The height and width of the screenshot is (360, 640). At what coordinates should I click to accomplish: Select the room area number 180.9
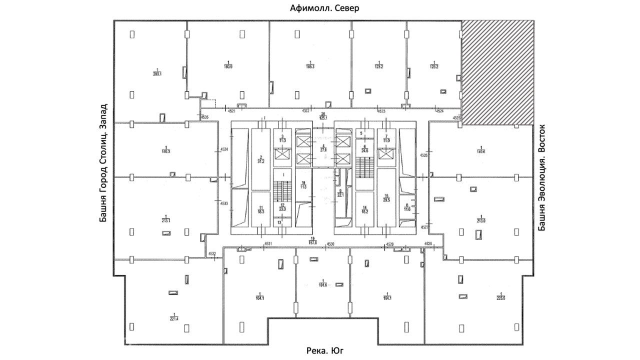click(x=228, y=66)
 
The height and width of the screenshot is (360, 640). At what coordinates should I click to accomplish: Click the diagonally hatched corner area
click(x=497, y=72)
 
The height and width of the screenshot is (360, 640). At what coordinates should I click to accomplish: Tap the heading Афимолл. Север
click(x=325, y=8)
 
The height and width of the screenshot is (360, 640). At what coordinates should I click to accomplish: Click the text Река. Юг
click(x=325, y=351)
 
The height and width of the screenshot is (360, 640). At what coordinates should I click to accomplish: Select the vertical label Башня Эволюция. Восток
click(x=541, y=178)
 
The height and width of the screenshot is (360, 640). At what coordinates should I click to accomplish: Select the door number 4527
click(x=424, y=227)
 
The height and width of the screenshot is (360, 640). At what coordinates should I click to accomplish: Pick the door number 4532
click(x=212, y=253)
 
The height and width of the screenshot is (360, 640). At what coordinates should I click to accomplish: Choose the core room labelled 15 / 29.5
click(x=386, y=198)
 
